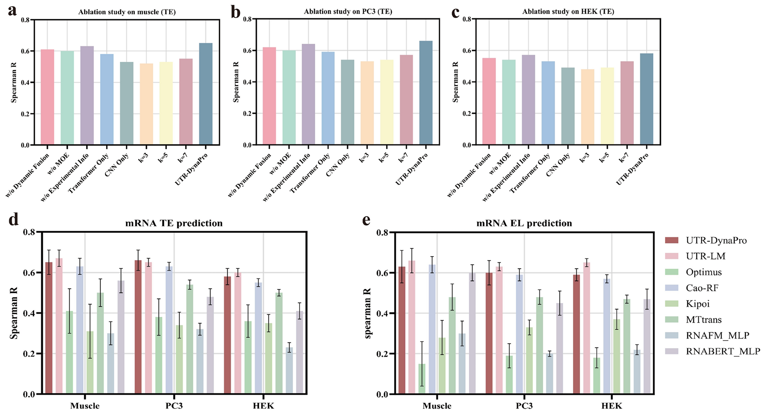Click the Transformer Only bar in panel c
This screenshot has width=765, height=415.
(548, 103)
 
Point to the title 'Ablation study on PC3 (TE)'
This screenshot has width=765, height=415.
(348, 11)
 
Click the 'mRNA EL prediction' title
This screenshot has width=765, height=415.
(524, 223)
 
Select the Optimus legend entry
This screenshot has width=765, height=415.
(703, 272)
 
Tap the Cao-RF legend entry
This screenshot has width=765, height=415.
(702, 288)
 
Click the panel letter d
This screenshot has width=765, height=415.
(14, 220)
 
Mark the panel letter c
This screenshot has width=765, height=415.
(455, 12)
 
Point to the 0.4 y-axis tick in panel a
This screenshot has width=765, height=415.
(26, 82)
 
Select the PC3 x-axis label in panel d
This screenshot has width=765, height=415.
(174, 405)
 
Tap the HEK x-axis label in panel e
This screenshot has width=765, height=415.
(611, 405)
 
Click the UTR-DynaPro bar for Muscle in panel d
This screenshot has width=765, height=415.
(49, 328)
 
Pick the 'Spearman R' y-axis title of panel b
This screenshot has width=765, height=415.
(236, 82)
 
